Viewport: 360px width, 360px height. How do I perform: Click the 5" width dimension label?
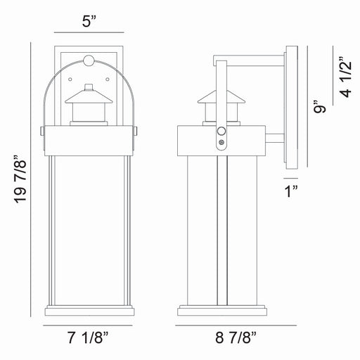coord(89,22)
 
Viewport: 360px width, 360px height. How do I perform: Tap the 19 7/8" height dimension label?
coord(20,179)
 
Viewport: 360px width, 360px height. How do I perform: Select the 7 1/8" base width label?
coord(88,337)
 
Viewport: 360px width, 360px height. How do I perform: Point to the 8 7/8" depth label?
coord(236,337)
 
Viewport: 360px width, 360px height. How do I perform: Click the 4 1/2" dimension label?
coord(345,77)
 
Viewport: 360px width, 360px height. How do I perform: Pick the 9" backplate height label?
coord(320,106)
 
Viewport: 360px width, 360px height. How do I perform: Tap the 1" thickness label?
coord(291,191)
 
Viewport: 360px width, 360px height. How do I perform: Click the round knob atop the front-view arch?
coord(89,60)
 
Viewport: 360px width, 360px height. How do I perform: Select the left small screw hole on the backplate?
coord(70,79)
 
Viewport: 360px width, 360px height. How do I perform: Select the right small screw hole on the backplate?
coord(108,79)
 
